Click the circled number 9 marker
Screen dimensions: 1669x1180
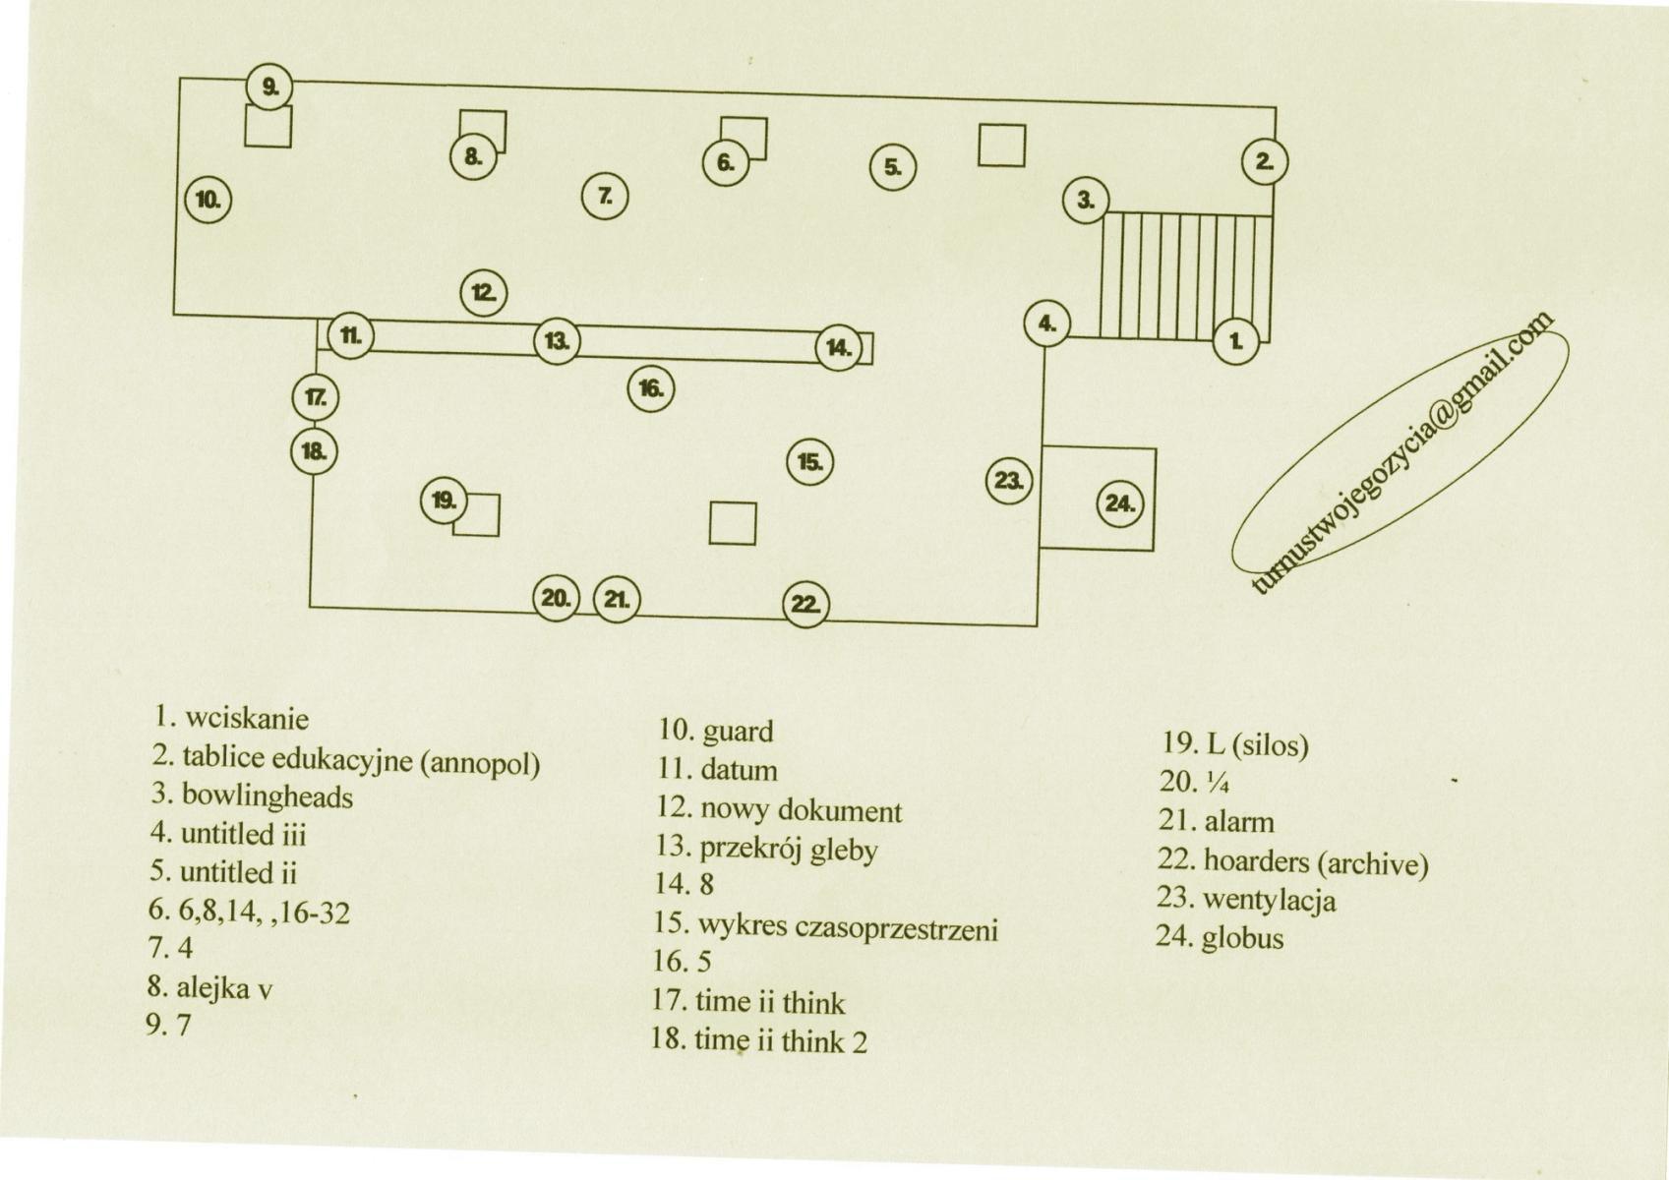click(x=269, y=88)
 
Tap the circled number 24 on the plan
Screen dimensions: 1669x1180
click(x=1120, y=504)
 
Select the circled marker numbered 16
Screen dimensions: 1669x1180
click(x=651, y=388)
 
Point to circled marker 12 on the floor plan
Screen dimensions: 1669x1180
click(x=484, y=293)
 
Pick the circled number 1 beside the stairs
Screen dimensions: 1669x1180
click(x=1236, y=341)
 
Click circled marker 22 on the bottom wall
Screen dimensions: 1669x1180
click(x=805, y=604)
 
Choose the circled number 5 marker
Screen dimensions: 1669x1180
click(x=893, y=167)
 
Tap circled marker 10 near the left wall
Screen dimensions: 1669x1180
click(x=209, y=200)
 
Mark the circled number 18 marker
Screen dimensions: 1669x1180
click(x=314, y=451)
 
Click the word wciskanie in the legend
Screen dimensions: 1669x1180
click(x=247, y=719)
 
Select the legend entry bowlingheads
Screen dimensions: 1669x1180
click(x=267, y=796)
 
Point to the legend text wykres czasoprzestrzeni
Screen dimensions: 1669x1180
click(x=848, y=927)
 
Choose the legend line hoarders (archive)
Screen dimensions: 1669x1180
click(x=1316, y=862)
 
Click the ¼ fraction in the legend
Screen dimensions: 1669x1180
click(x=1216, y=783)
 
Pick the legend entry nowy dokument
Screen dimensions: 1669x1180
click(x=801, y=810)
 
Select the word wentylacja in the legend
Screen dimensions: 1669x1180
click(x=1270, y=901)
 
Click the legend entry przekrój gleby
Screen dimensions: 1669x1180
click(x=789, y=849)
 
